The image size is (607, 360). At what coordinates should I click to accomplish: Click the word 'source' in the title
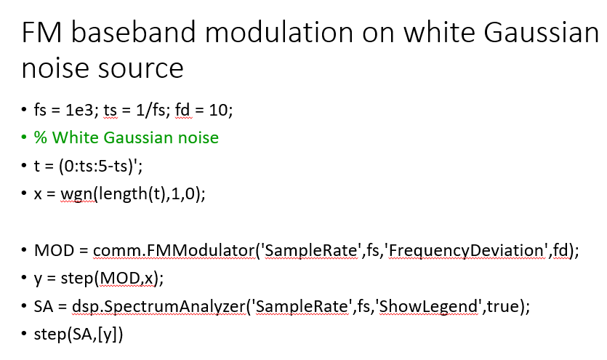142,69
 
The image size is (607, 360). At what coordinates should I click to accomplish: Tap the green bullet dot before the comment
23,137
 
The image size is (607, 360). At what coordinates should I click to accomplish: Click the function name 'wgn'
74,195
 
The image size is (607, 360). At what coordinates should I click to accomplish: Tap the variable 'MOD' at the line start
53,251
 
